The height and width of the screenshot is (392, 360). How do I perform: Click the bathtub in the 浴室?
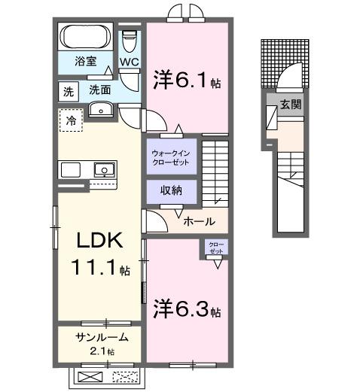(86, 36)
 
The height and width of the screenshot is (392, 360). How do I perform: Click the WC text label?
(129, 62)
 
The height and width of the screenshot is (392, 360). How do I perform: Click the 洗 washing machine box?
(69, 92)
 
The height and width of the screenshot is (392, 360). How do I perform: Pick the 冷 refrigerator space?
(72, 120)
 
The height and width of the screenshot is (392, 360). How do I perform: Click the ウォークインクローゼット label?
(172, 156)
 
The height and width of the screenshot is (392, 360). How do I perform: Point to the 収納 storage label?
(171, 190)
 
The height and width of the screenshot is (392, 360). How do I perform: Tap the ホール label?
(200, 222)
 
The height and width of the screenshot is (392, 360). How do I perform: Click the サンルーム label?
(101, 337)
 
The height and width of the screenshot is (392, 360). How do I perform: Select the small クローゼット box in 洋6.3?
(215, 248)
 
